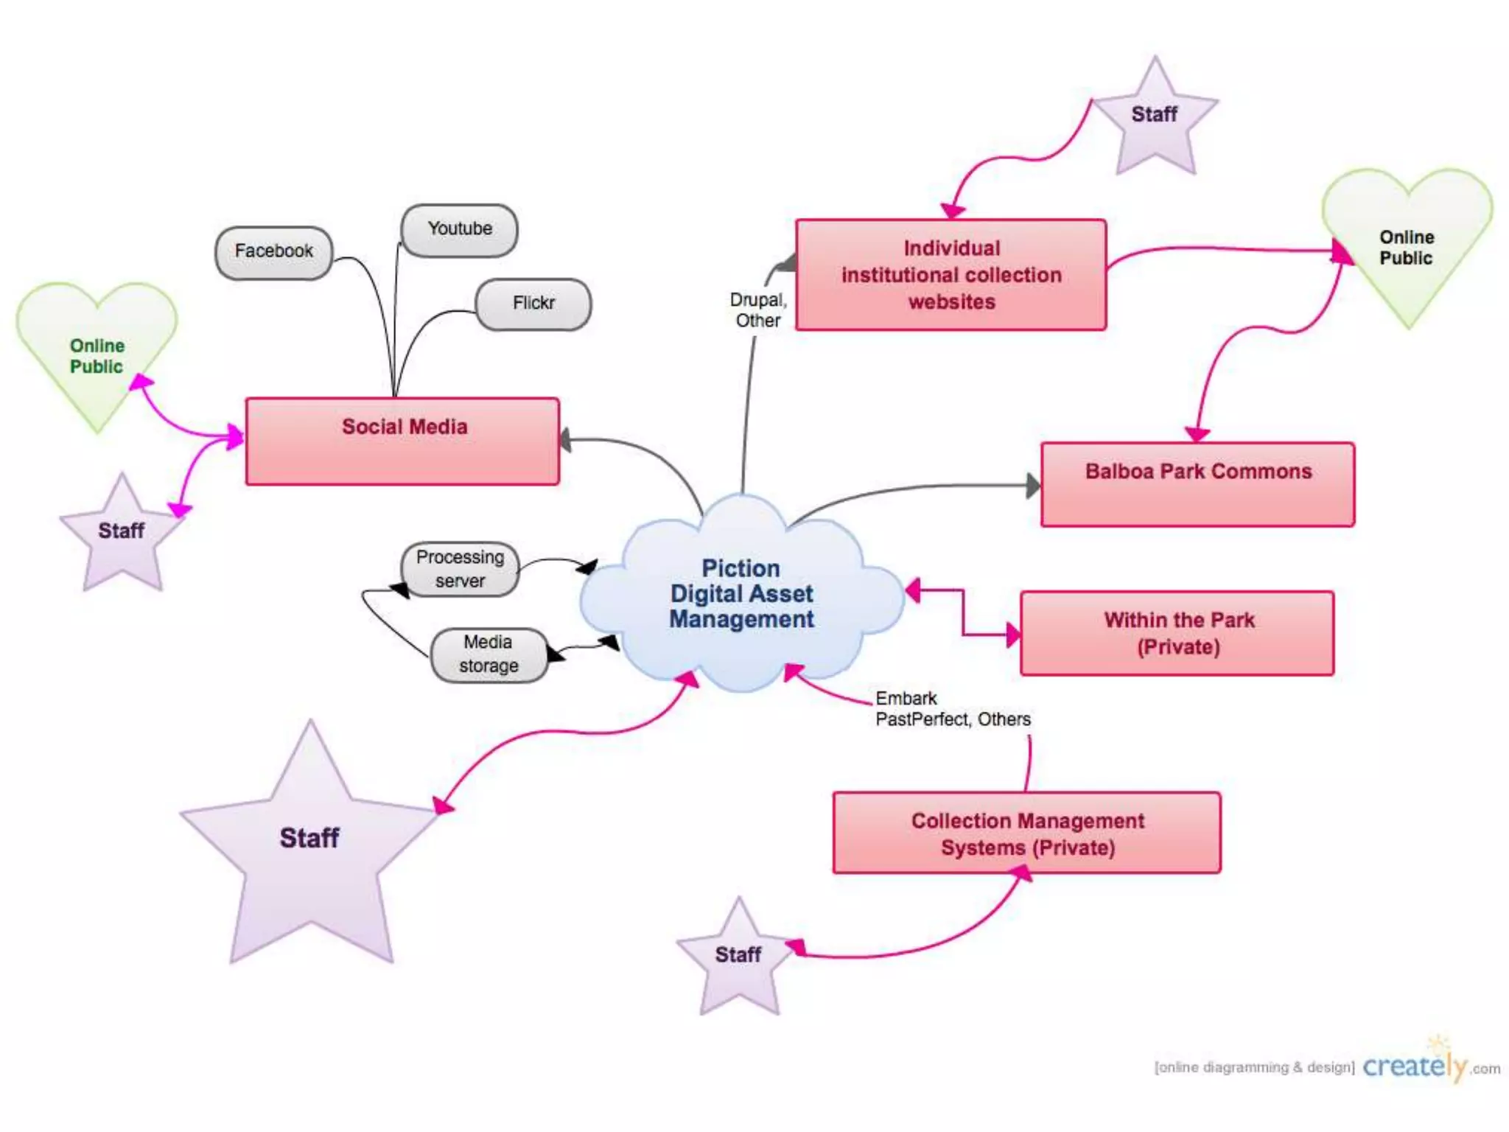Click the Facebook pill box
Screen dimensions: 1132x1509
click(273, 252)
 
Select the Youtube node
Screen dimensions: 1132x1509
click(459, 230)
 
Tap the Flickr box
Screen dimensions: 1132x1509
click(533, 304)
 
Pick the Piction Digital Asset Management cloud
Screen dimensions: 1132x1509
click(741, 594)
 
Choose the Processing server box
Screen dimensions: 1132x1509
click(460, 569)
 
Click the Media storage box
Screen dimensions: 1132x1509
click(489, 654)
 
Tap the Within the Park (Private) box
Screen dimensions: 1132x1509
click(1177, 633)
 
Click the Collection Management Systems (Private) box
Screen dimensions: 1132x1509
click(1026, 834)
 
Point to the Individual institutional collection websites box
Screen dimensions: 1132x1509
click(950, 275)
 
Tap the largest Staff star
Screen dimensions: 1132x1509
click(310, 848)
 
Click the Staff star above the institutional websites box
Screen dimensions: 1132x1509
click(1155, 118)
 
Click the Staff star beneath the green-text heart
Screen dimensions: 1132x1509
click(122, 534)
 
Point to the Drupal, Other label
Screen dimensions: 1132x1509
click(758, 310)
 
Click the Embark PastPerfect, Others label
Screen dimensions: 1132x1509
click(952, 709)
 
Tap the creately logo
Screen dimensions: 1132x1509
click(1415, 1066)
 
